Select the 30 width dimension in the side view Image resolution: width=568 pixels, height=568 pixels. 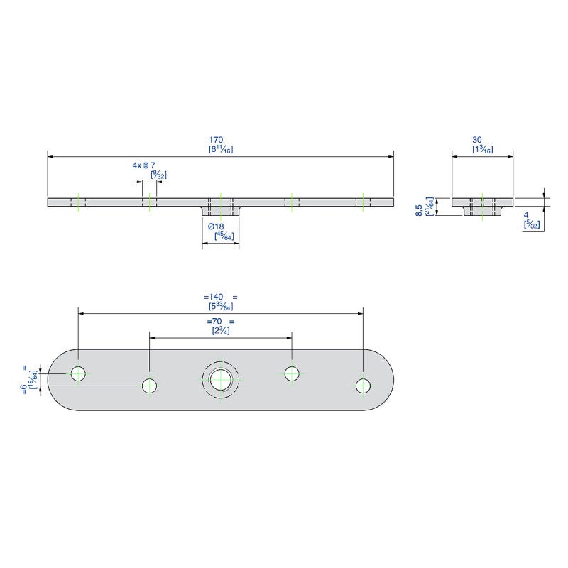click(x=482, y=140)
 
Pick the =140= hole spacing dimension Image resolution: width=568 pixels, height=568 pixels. click(x=220, y=297)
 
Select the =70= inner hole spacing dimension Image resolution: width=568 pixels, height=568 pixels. click(x=220, y=321)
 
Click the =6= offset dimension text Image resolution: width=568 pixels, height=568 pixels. click(x=26, y=379)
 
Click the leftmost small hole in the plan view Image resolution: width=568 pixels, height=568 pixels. click(x=78, y=373)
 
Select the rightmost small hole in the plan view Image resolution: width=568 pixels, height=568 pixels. click(x=364, y=386)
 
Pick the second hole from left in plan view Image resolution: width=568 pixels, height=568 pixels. click(x=149, y=386)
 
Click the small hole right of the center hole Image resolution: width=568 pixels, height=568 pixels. click(x=292, y=373)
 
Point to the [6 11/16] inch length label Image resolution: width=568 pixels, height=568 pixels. click(x=221, y=150)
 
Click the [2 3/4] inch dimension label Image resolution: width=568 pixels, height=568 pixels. click(x=220, y=331)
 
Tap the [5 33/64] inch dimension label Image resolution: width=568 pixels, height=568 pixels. click(x=220, y=307)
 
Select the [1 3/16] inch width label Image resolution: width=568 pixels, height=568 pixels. click(x=482, y=150)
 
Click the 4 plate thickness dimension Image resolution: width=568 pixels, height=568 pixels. click(x=526, y=214)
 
